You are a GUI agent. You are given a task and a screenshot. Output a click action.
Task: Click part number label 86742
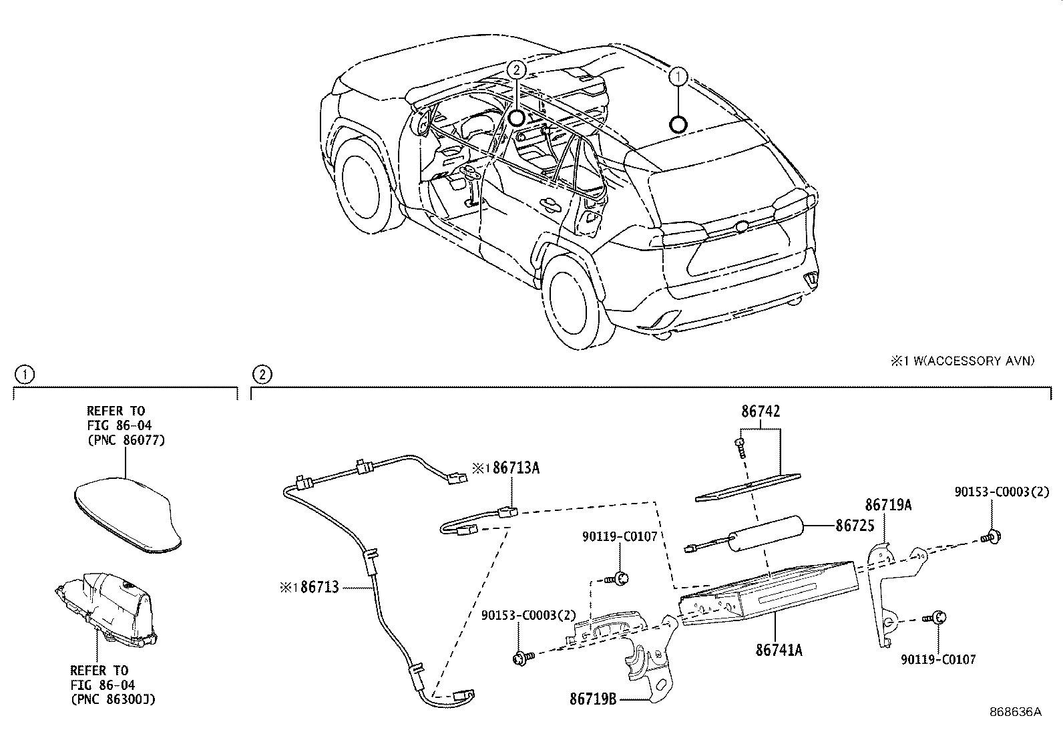click(x=760, y=411)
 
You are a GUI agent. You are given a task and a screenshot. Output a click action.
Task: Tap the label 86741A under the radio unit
click(x=779, y=649)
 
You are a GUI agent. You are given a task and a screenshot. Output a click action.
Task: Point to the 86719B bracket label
click(x=592, y=699)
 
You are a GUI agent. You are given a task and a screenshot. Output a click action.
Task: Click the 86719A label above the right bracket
click(x=888, y=505)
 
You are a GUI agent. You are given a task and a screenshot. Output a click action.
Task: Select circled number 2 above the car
click(x=516, y=69)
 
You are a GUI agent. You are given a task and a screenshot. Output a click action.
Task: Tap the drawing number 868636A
click(x=1015, y=712)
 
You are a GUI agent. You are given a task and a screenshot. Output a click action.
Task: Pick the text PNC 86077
click(x=126, y=440)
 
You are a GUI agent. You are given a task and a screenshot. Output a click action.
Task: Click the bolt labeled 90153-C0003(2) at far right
click(x=992, y=536)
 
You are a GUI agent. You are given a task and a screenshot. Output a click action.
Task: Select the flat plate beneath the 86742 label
click(x=748, y=485)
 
